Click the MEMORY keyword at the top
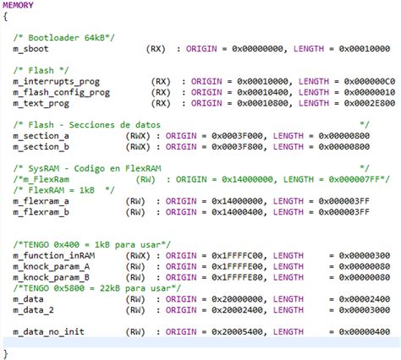click(x=19, y=5)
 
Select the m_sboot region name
click(x=30, y=51)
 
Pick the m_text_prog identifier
click(x=40, y=102)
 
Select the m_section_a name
click(x=41, y=134)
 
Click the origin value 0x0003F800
click(x=233, y=145)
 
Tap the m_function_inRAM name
click(x=52, y=255)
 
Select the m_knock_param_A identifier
click(x=52, y=265)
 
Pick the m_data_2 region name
click(x=33, y=310)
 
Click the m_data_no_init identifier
click(x=48, y=332)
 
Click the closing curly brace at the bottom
click(x=6, y=353)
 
